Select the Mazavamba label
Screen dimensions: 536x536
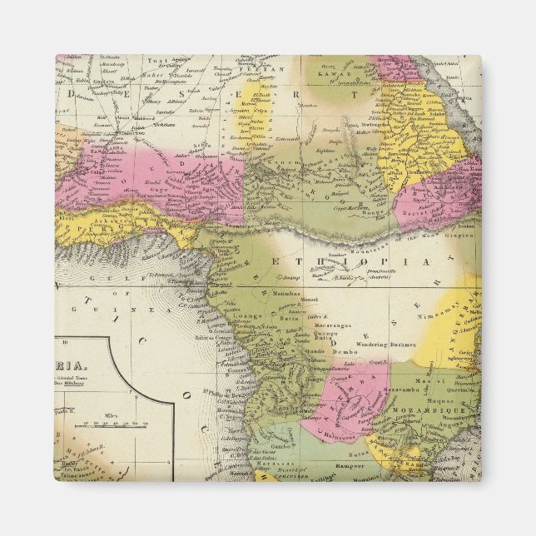pyautogui.click(x=402, y=389)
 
